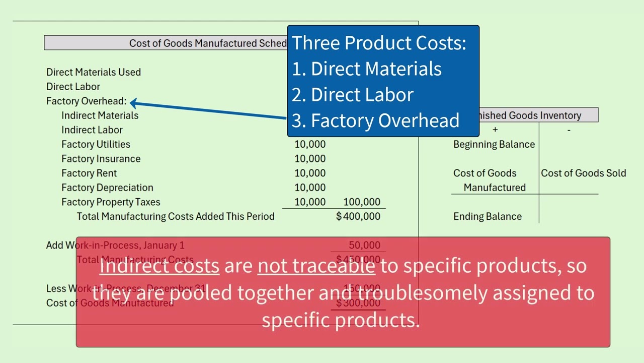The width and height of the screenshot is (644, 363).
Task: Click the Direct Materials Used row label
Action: click(x=94, y=72)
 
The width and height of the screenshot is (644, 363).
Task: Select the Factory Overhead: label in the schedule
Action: click(x=86, y=101)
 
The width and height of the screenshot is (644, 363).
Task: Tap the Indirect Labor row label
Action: click(x=92, y=130)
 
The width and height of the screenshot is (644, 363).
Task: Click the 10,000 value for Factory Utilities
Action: click(x=310, y=144)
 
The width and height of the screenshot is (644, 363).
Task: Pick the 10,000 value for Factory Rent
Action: click(x=310, y=173)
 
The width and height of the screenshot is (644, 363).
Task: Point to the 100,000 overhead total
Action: click(x=361, y=202)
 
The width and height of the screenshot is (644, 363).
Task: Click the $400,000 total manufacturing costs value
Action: click(x=358, y=216)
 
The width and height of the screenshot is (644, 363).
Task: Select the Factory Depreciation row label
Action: click(x=107, y=188)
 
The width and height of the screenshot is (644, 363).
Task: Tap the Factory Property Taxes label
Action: click(x=111, y=202)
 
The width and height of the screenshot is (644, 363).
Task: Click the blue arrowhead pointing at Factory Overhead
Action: click(x=134, y=103)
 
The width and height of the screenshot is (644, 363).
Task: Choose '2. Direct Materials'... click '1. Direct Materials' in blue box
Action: click(x=367, y=69)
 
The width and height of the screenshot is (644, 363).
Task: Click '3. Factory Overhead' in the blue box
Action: click(x=375, y=120)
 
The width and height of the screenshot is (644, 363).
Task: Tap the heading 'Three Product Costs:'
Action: click(x=379, y=43)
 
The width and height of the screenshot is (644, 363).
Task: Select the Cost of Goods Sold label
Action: click(x=584, y=173)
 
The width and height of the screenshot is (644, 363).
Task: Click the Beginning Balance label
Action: click(x=494, y=144)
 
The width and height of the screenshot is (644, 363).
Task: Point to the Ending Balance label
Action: click(x=488, y=216)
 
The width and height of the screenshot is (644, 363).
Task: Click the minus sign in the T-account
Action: click(x=569, y=130)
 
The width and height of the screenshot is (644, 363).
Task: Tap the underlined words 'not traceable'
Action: click(x=316, y=266)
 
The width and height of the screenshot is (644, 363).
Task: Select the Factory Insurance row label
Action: click(x=101, y=159)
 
